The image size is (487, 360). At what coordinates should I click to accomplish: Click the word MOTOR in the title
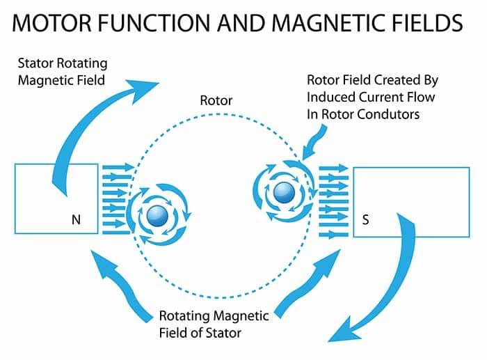click(52, 23)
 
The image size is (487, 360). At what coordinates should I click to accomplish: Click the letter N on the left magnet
click(76, 220)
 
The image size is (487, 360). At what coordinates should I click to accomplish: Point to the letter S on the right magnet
click(365, 220)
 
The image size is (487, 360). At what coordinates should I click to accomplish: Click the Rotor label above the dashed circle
click(216, 100)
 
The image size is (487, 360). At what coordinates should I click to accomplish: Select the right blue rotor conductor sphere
click(284, 192)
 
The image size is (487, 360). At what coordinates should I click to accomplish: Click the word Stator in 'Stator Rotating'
click(35, 63)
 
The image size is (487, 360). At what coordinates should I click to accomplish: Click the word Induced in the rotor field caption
click(330, 97)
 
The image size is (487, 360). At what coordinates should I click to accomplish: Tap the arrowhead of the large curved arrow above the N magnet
click(142, 90)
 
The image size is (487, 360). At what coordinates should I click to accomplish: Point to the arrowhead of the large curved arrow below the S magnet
click(345, 330)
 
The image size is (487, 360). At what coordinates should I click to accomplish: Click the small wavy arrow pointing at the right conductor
click(314, 142)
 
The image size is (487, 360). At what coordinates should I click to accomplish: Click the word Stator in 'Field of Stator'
click(223, 333)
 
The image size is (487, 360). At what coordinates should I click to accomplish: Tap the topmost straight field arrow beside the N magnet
click(119, 168)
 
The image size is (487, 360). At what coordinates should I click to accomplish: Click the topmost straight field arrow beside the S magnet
click(334, 169)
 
